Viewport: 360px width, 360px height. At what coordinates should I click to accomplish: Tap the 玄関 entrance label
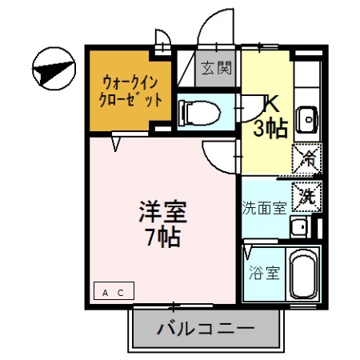216,68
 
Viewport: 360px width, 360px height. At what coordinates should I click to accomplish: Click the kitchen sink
307,120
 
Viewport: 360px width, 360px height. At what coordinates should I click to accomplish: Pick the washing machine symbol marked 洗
307,193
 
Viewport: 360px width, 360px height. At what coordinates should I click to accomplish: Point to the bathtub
304,274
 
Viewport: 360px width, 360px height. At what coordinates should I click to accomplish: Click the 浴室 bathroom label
264,272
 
